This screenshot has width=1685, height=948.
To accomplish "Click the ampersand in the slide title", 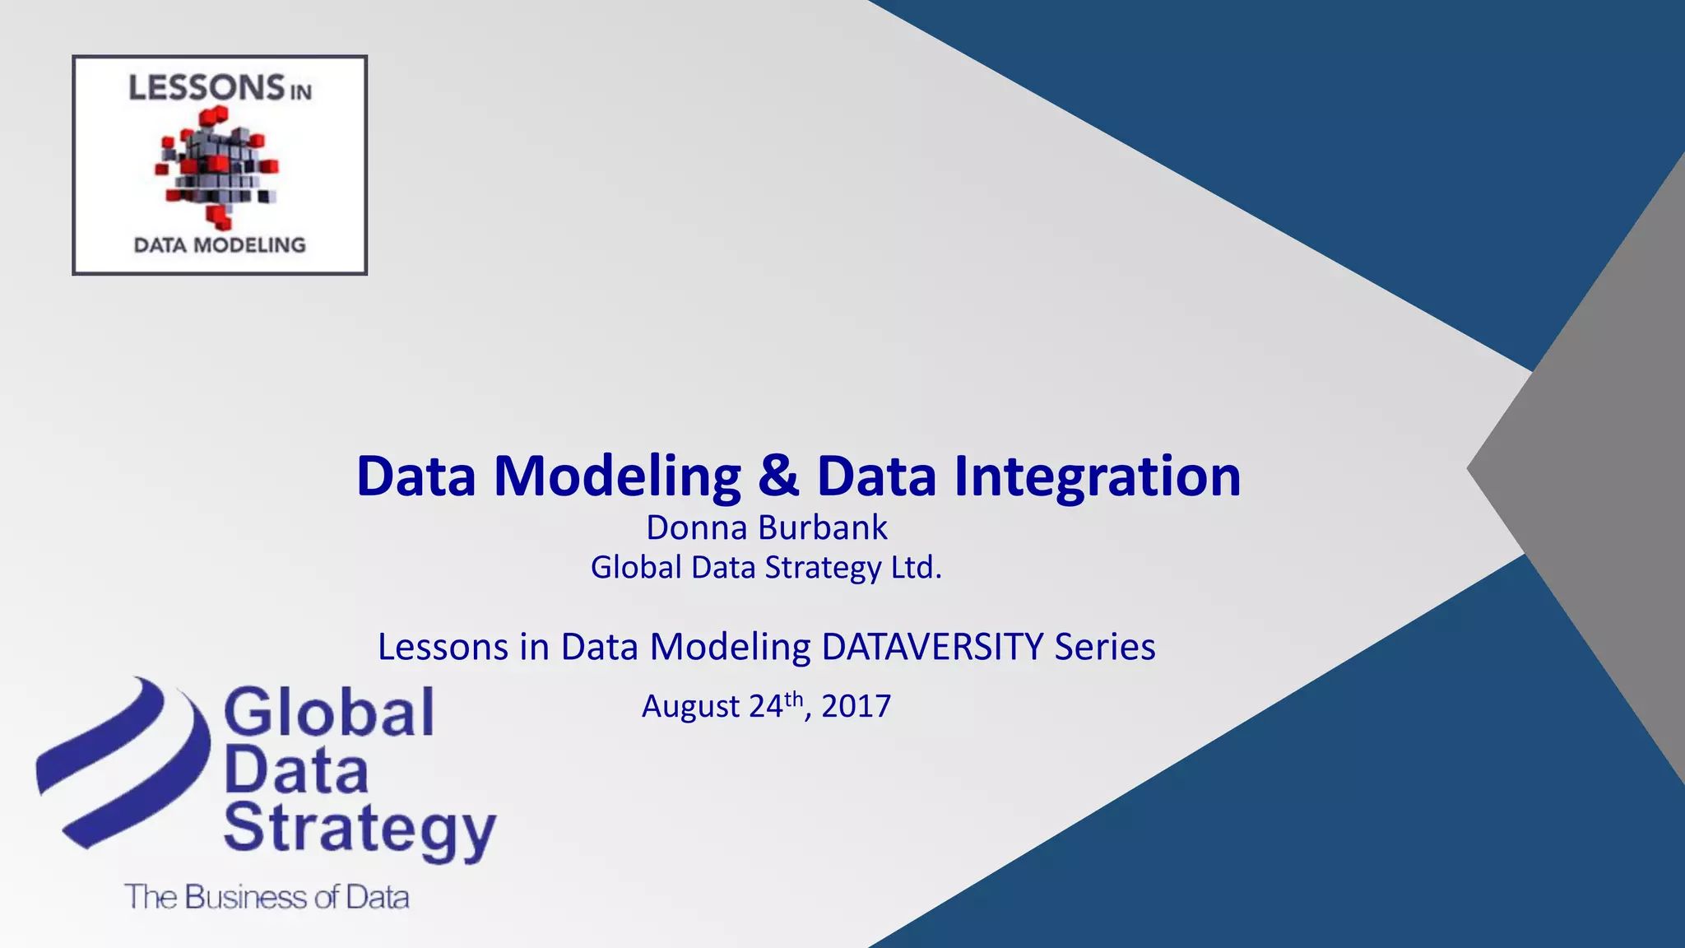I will pyautogui.click(x=778, y=477).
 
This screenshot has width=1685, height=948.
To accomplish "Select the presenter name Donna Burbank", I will pyautogui.click(x=767, y=528).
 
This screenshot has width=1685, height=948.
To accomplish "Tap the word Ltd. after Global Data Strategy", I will pyautogui.click(x=917, y=568).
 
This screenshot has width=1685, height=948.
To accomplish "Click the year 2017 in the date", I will pyautogui.click(x=856, y=706).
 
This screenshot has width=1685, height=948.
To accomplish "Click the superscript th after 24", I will pyautogui.click(x=793, y=699).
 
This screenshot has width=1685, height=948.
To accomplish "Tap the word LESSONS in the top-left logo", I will pyautogui.click(x=206, y=88).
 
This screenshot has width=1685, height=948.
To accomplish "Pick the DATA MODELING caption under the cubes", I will pyautogui.click(x=220, y=245).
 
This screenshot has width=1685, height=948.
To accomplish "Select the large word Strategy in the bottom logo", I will pyautogui.click(x=360, y=829).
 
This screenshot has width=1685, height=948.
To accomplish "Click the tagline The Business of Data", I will pyautogui.click(x=267, y=897).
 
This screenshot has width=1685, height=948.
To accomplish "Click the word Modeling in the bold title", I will pyautogui.click(x=617, y=477).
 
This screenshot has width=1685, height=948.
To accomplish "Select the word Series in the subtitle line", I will pyautogui.click(x=1105, y=647).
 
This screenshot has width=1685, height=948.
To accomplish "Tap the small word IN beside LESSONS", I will pyautogui.click(x=301, y=92).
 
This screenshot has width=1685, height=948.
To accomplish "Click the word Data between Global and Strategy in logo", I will pyautogui.click(x=296, y=772).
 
